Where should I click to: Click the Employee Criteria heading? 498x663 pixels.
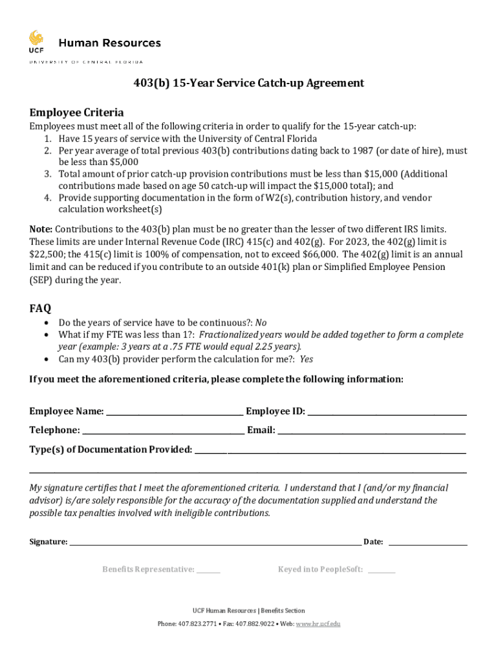coord(76,111)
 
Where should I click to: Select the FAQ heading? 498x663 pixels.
coord(40,308)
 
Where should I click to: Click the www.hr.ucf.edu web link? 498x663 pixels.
coord(318,624)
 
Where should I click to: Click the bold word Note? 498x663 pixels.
coord(41,230)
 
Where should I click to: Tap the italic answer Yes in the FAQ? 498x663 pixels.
coord(307,359)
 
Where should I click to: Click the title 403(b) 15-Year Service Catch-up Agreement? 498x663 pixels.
coord(248,83)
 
